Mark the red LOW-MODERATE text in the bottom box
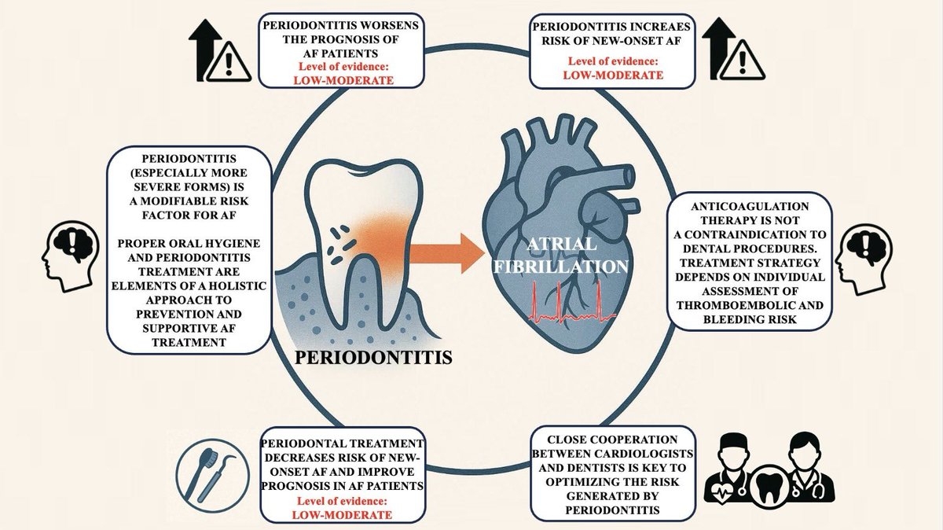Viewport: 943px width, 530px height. point(347,515)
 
